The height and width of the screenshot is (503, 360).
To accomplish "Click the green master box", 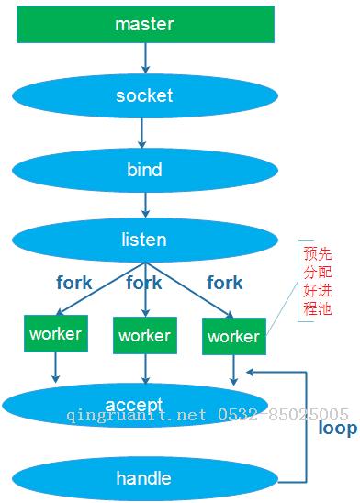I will pos(145,24).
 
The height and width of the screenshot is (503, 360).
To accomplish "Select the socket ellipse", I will pos(144,95).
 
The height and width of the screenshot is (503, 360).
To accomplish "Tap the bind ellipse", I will pos(144,170).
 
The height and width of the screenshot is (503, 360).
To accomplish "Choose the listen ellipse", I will pos(144,240).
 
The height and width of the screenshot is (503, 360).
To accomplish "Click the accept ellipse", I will pos(134,405).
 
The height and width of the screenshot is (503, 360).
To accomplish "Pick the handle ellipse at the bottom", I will pos(143,478).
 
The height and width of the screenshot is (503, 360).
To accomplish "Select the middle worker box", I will pos(144,336).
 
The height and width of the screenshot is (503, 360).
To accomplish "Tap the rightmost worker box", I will pos(233,337).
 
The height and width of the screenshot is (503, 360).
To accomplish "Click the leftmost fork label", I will pos(73,283).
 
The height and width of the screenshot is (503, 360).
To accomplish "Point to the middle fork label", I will pos(144,283).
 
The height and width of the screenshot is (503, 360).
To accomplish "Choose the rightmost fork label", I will pos(225,283).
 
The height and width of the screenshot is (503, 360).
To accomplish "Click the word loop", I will pos(337,428).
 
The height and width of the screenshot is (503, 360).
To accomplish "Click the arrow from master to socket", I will pos(144,58).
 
